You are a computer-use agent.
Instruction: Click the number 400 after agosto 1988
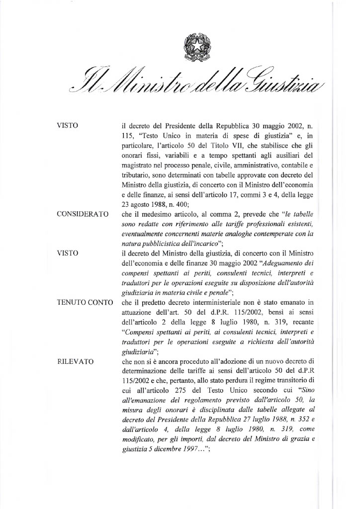(x=191, y=203)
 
